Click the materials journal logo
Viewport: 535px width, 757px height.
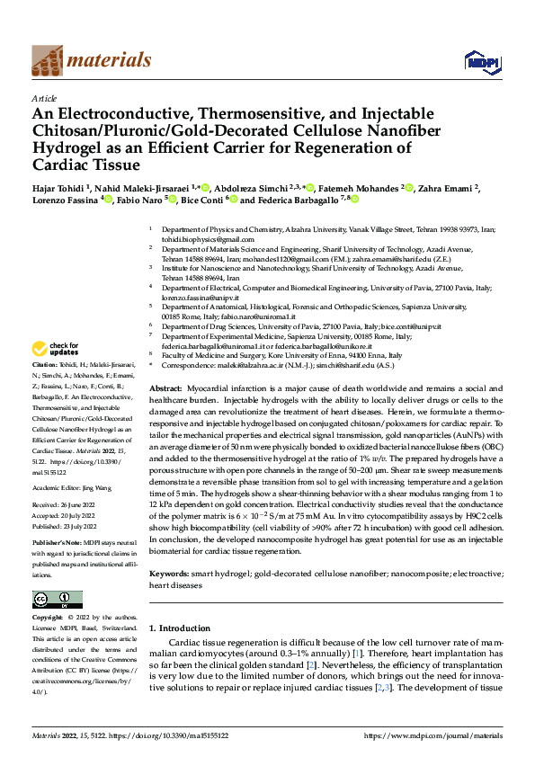coord(91,60)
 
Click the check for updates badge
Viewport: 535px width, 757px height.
coord(57,349)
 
